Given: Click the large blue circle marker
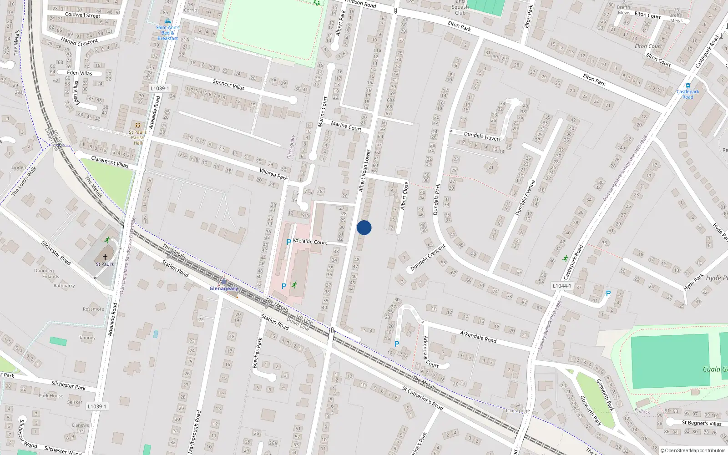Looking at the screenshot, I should tap(364, 227).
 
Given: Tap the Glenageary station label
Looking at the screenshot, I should tap(223, 288).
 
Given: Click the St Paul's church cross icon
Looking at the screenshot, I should tap(105, 257).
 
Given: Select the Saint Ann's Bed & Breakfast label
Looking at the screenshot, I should tap(167, 33).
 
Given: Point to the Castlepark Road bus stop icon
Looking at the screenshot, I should tap(688, 85).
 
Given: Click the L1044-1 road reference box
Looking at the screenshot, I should tap(561, 286).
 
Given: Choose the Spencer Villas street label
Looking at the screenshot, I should tap(228, 85).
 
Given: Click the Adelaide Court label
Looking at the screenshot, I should tap(309, 242).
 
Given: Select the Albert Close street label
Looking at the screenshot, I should tap(404, 196).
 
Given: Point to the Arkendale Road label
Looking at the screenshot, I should tap(478, 337).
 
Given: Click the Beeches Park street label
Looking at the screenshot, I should tap(258, 353).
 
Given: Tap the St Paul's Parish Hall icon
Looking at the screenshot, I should tap(137, 125).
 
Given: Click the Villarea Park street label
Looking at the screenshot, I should tap(273, 174).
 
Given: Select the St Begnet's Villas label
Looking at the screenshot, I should tap(701, 423).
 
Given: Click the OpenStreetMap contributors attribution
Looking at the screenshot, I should tap(692, 451).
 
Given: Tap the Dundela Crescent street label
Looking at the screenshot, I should tap(428, 258).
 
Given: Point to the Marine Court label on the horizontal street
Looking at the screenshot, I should tap(346, 126).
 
